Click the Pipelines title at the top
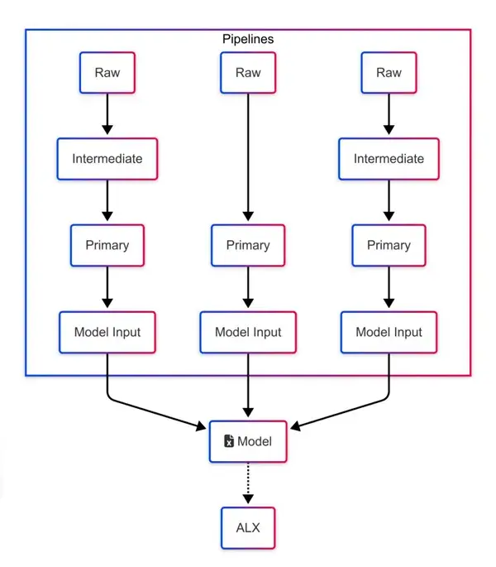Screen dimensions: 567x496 [248, 39]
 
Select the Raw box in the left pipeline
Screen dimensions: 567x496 [107, 73]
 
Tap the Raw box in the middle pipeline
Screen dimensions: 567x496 [248, 73]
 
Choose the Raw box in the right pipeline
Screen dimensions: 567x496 [389, 73]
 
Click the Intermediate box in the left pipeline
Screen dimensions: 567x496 [107, 159]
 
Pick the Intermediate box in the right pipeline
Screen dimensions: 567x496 [389, 159]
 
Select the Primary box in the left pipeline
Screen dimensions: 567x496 [107, 245]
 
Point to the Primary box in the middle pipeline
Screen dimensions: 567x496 [248, 245]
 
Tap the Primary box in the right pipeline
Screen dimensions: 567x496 [389, 245]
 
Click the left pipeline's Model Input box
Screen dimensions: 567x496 [107, 332]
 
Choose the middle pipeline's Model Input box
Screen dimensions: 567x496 [248, 332]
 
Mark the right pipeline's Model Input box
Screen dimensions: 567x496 [389, 332]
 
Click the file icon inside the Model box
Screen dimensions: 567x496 [229, 442]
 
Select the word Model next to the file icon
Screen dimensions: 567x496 [255, 442]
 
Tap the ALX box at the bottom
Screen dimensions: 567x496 [248, 527]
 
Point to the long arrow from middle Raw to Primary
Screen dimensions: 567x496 [248, 157]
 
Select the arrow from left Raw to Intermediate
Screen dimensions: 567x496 [107, 115]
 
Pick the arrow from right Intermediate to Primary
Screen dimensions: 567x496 [389, 201]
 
